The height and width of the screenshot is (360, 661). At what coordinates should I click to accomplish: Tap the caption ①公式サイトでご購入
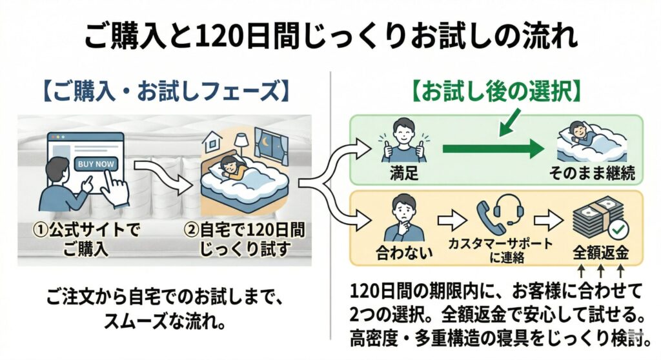pos(87,238)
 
